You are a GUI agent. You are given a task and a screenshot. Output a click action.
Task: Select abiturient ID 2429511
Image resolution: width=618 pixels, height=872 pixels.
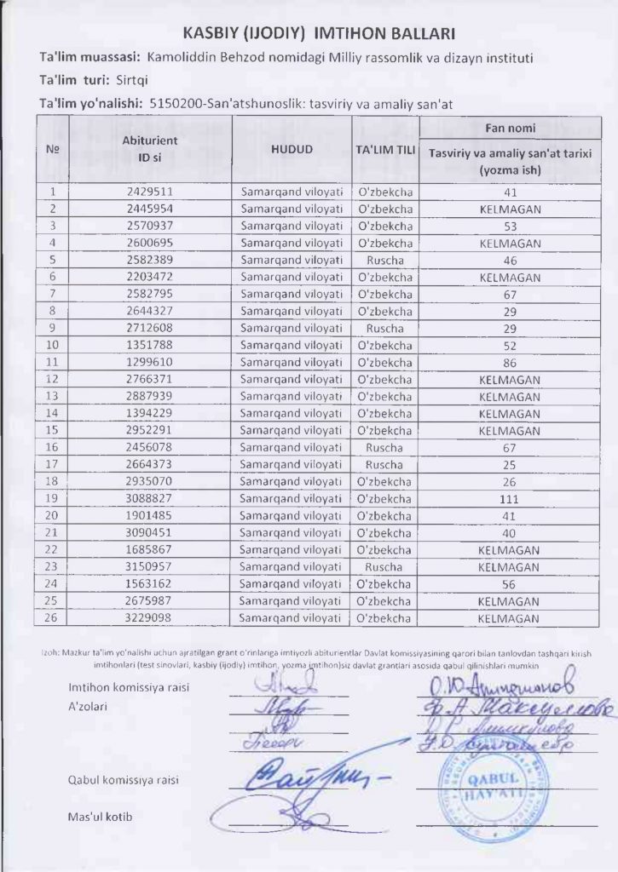point(150,192)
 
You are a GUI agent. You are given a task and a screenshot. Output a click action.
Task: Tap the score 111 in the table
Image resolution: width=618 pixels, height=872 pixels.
point(511,499)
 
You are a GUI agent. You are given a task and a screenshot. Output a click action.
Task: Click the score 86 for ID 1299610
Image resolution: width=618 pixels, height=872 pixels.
point(511,363)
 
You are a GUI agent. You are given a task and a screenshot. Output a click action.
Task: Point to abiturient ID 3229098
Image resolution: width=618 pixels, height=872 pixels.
point(150,618)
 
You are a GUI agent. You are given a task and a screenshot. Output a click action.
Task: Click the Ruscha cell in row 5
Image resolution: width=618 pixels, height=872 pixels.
point(384,261)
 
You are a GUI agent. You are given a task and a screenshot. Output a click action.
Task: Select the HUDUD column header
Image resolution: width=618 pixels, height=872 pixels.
point(292,149)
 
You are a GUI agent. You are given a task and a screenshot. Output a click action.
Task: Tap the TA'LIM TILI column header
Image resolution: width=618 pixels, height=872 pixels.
point(385,149)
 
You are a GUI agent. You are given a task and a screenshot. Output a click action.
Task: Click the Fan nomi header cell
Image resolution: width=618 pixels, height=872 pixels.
point(511,128)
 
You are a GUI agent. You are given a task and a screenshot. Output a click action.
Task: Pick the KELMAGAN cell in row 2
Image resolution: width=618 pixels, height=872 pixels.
point(511,209)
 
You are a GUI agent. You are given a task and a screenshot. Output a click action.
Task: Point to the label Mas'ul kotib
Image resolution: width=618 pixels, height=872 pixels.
point(101,817)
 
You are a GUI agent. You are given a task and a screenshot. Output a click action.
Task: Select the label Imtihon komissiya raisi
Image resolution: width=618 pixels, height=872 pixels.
point(129,688)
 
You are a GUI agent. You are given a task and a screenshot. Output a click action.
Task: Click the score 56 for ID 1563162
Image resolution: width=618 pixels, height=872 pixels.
point(511,584)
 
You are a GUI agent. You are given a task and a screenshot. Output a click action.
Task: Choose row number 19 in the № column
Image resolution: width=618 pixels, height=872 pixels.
point(52,499)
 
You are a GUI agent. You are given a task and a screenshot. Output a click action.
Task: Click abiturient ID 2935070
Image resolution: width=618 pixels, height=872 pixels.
point(150,482)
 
